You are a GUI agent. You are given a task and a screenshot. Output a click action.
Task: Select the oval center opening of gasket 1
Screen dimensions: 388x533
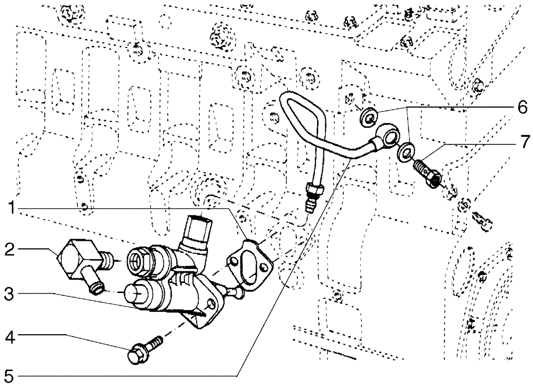pos(249,263)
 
